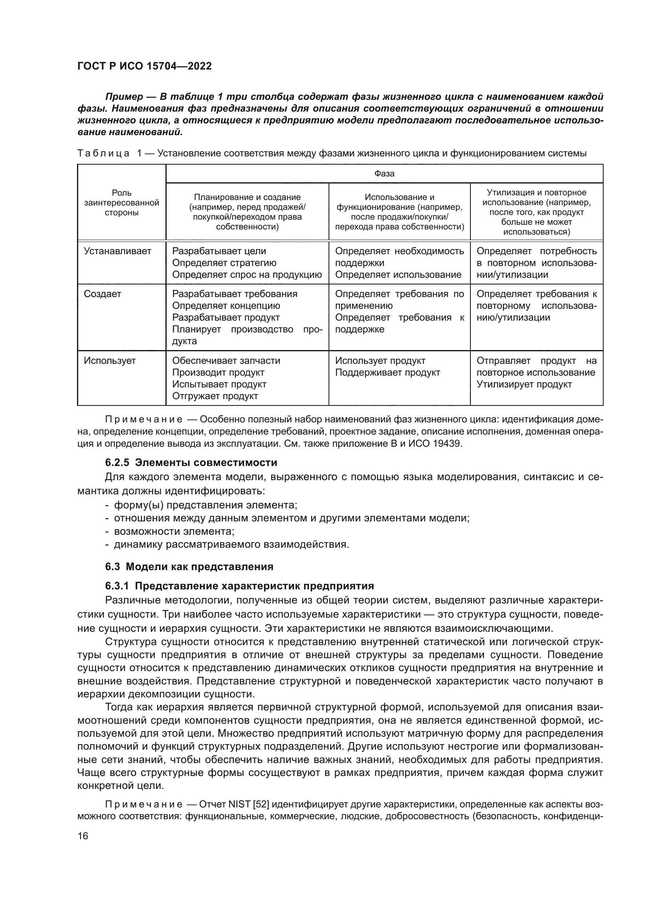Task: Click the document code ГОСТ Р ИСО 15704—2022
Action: pos(145,66)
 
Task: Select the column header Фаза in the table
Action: pos(384,174)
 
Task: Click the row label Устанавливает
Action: pos(118,251)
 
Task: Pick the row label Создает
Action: pos(103,294)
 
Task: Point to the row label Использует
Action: pos(110,361)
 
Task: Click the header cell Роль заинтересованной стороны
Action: pos(121,202)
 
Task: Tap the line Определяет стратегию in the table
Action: pos(224,263)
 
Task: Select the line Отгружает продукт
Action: pos(215,396)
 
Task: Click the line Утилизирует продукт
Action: pos(524,384)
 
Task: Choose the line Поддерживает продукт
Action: pos(387,372)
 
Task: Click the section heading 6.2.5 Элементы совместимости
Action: pos(191,463)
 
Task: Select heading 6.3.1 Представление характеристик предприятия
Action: pos(239,586)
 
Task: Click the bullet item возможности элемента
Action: pos(174,532)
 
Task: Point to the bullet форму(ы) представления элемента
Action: pos(206,505)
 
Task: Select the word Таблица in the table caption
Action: pos(103,153)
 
